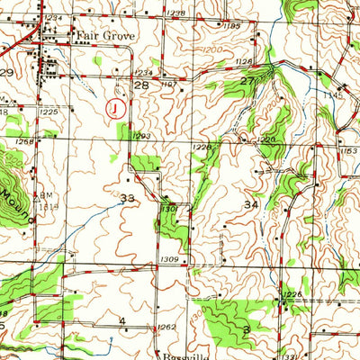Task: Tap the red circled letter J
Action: [x=113, y=108]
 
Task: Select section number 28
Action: [x=140, y=85]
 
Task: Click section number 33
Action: [x=128, y=197]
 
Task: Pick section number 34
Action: [x=250, y=206]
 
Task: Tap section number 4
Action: [x=121, y=320]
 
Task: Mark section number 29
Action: [x=6, y=71]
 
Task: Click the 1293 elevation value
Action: [x=141, y=136]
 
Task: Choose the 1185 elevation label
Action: [x=233, y=26]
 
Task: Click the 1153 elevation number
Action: [x=348, y=150]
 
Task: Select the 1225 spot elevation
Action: [x=49, y=112]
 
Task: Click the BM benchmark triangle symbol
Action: [x=38, y=193]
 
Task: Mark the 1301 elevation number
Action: [x=168, y=209]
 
